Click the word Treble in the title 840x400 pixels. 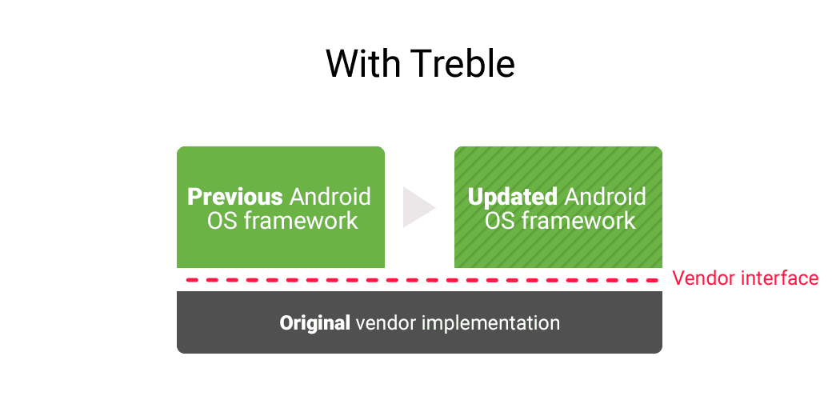tap(465, 63)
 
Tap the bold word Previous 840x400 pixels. tap(235, 197)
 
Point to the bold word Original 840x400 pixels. tap(315, 323)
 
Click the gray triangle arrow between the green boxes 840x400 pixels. tap(419, 207)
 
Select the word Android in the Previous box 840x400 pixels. tap(330, 197)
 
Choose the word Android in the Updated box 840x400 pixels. tap(606, 197)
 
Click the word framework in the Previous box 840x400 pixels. tap(301, 221)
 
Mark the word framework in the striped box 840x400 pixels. tap(578, 221)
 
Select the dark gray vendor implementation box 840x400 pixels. tap(419, 322)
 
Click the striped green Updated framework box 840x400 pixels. tap(558, 206)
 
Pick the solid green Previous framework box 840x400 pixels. tap(281, 206)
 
